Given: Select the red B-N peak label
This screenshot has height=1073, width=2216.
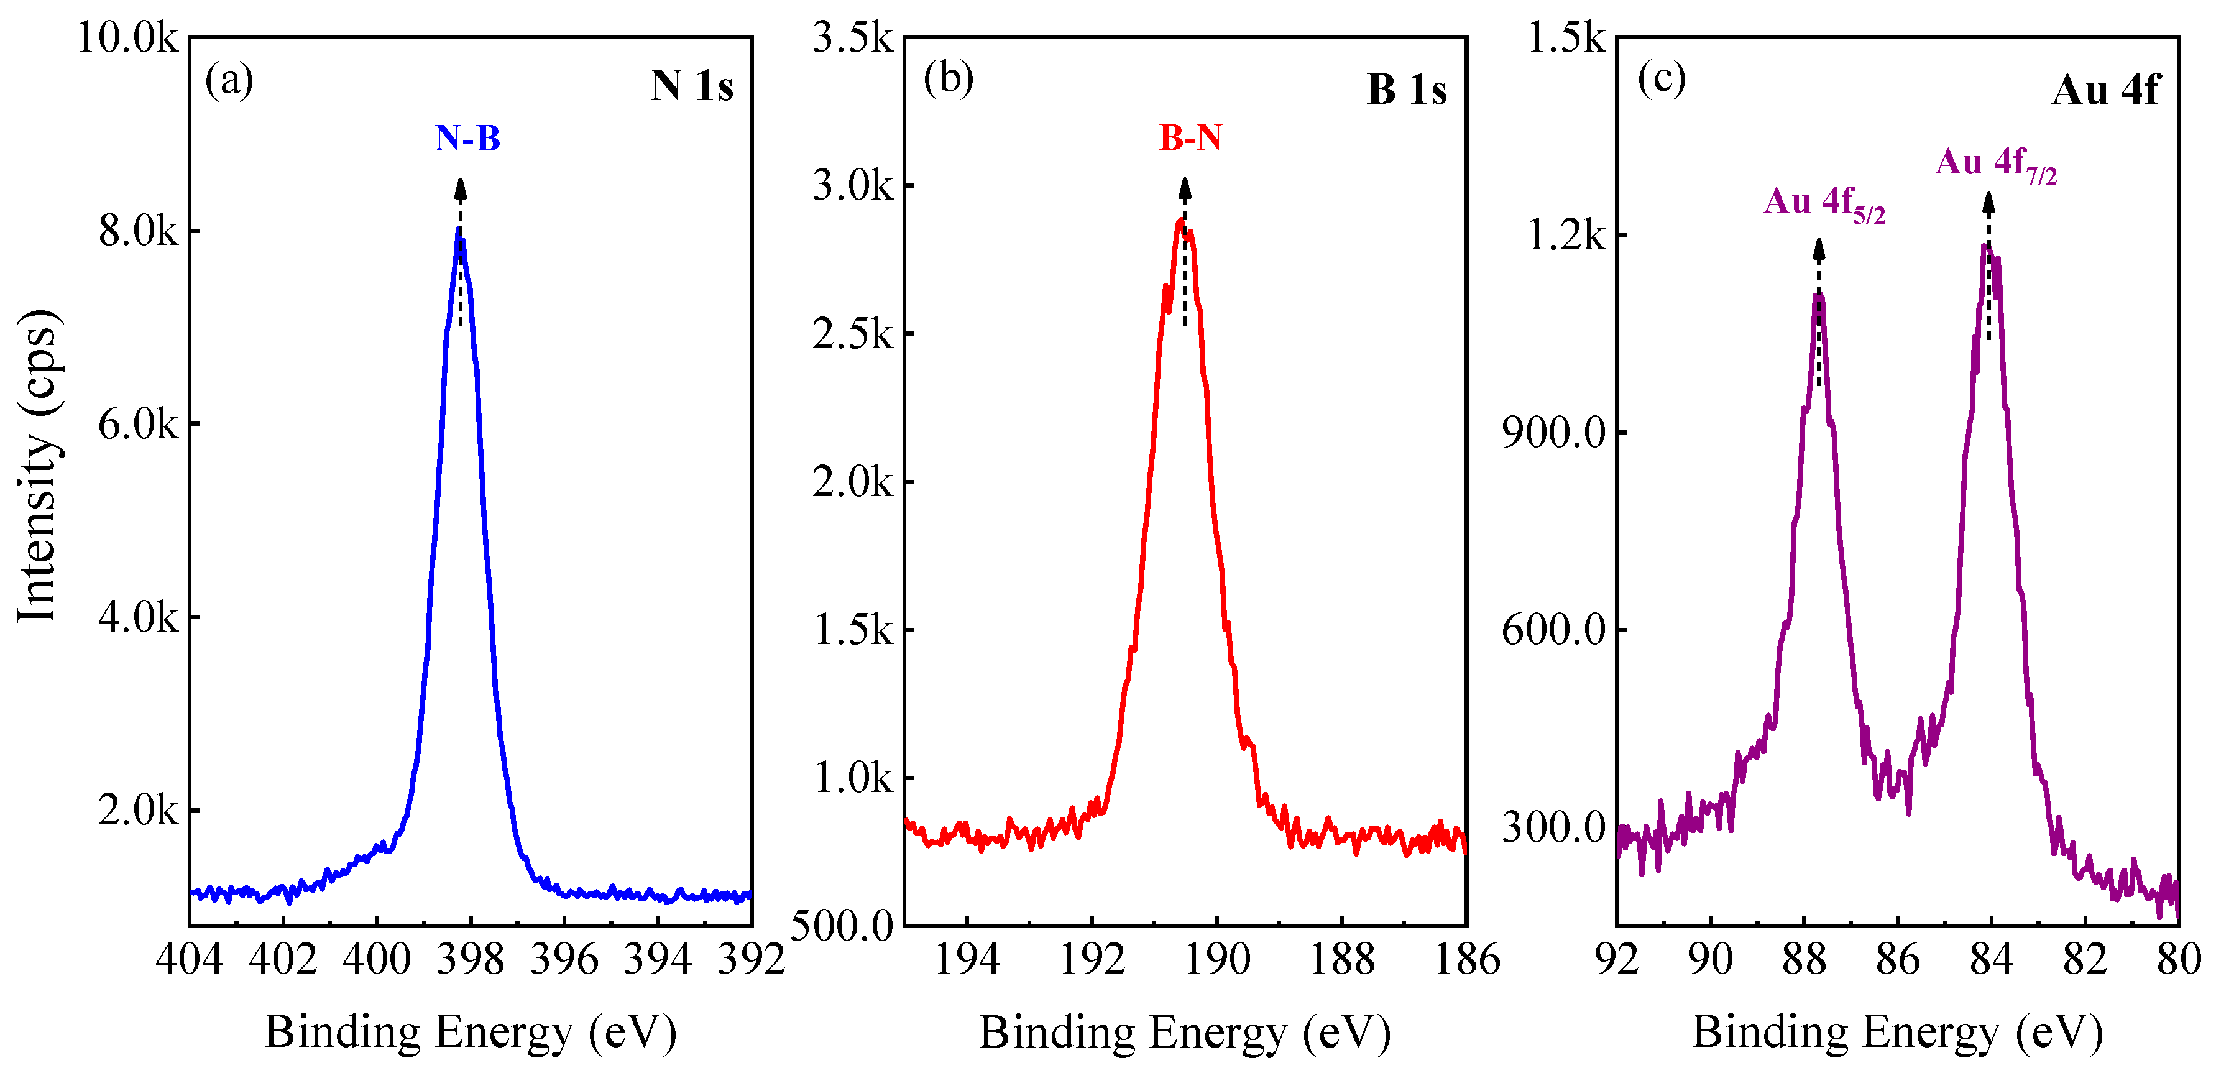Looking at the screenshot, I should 1190,137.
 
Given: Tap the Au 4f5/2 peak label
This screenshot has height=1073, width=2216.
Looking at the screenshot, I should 1824,204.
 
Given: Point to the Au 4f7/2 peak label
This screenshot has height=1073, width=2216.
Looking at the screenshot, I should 1995,164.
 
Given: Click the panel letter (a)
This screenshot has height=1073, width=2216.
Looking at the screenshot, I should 229,81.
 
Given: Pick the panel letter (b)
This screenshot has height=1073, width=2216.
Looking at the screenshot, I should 948,79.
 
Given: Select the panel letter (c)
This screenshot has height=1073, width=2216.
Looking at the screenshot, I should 1661,79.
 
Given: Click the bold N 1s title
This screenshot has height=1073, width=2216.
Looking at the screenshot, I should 692,86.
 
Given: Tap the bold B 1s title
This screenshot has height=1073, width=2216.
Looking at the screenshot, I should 1407,90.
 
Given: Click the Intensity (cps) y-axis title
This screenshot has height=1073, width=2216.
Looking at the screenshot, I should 38,464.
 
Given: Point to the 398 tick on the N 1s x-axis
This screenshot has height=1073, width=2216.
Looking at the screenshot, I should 470,959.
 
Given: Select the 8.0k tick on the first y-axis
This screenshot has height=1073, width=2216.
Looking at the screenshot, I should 137,231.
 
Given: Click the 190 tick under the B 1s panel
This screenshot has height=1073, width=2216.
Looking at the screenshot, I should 1216,959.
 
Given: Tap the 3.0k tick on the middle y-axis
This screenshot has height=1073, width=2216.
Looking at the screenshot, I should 852,185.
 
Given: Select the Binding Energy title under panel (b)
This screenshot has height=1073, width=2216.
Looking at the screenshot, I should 1185,1032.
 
